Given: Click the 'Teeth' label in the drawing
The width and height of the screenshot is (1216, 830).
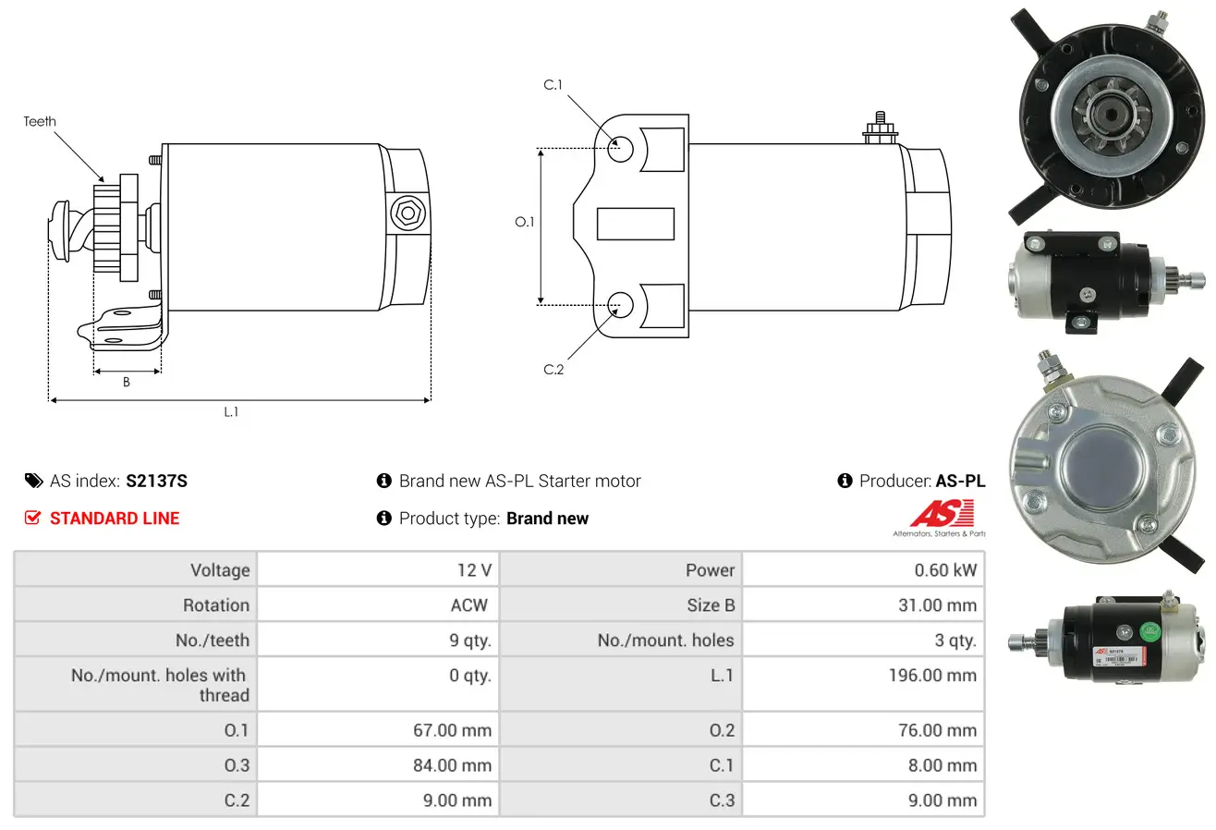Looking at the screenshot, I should [40, 121].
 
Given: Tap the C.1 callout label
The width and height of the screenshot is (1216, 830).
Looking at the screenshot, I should [553, 85].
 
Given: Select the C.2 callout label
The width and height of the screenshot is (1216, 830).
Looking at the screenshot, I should [553, 370].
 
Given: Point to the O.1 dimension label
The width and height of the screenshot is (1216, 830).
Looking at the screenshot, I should [524, 222].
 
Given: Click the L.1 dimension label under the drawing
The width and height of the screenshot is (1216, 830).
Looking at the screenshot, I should [231, 412].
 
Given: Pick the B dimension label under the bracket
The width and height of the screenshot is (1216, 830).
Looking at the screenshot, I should [127, 382].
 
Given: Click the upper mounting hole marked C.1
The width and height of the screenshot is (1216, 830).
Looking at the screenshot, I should [621, 148].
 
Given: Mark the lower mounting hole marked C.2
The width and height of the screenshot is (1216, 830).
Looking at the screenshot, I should [621, 303].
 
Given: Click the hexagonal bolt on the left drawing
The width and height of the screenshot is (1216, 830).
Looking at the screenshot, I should [407, 214].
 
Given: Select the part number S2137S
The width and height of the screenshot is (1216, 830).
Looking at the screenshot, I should [157, 481].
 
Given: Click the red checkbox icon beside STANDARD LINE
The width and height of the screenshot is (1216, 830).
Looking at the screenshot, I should [32, 518].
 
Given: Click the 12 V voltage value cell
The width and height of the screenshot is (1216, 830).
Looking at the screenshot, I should [474, 570].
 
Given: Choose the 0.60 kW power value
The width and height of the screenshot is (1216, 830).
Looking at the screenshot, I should [944, 570].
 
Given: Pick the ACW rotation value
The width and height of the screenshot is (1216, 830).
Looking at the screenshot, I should [470, 605].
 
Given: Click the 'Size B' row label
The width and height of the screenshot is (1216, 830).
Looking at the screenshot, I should [711, 605].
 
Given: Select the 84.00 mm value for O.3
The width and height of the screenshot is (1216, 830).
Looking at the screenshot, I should [452, 765].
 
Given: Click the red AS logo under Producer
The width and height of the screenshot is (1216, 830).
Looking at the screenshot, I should [942, 514].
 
